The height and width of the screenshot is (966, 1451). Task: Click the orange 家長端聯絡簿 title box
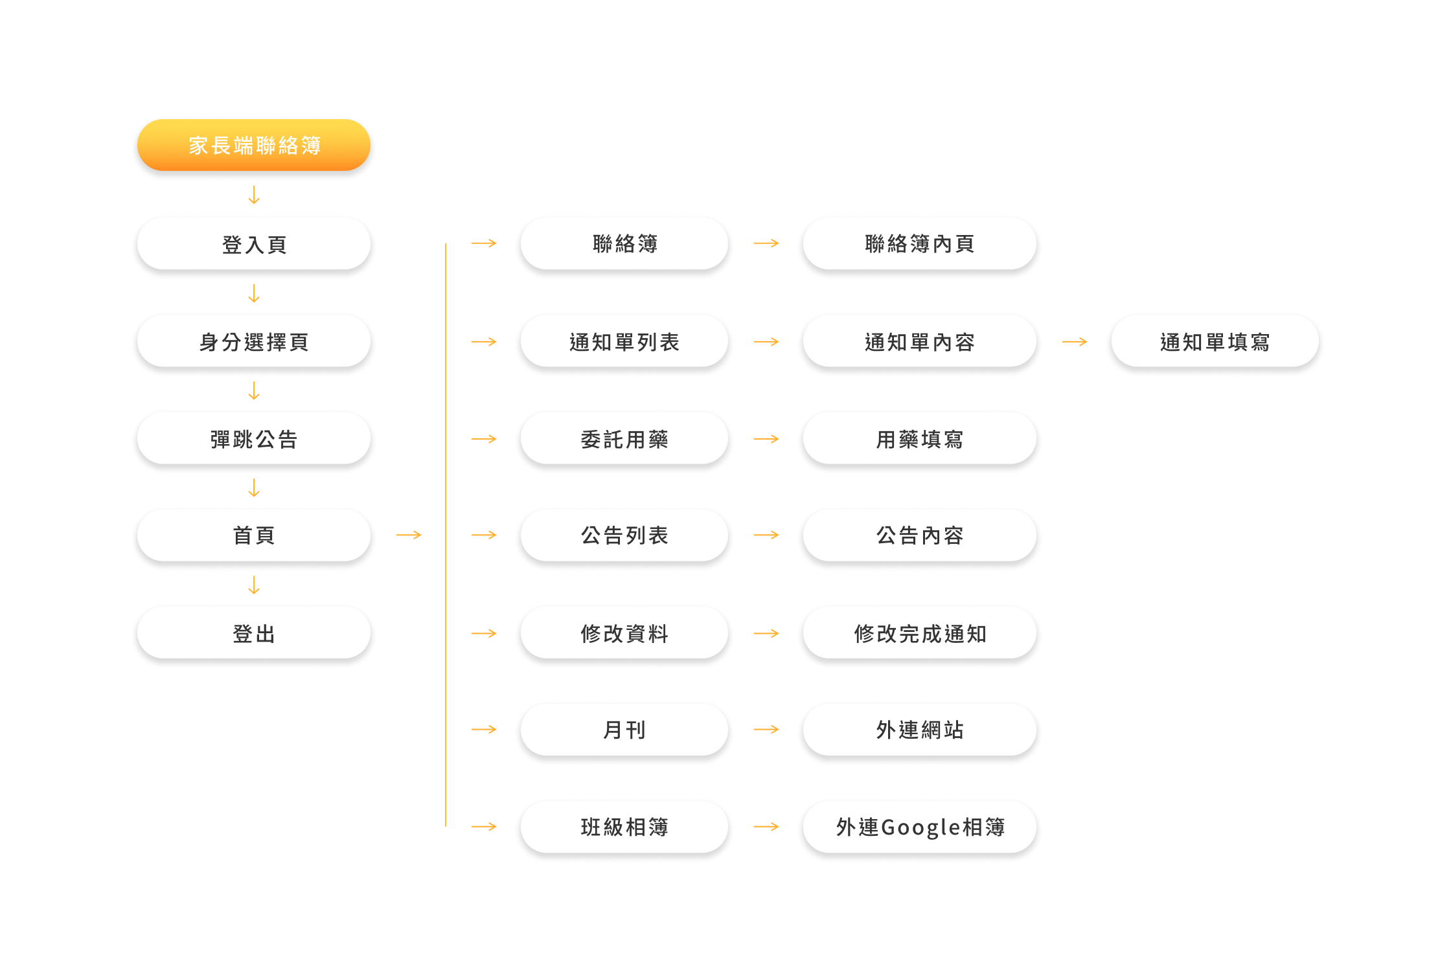tap(254, 145)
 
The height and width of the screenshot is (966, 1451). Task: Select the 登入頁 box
tap(254, 244)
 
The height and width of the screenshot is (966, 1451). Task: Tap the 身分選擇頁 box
tap(254, 341)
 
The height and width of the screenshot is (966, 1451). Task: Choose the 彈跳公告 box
tap(254, 439)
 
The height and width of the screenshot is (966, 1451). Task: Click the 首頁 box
tap(254, 535)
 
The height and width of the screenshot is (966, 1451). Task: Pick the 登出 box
tap(254, 633)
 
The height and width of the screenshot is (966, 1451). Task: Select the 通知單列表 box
tap(624, 341)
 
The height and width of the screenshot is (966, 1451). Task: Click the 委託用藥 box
tap(624, 439)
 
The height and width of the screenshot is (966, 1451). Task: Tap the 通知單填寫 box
tap(1215, 341)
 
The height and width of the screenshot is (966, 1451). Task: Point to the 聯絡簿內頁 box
tap(919, 243)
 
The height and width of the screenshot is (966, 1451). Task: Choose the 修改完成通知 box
tap(919, 633)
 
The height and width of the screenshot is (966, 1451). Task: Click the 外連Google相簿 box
tap(919, 827)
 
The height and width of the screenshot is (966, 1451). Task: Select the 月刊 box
tap(624, 730)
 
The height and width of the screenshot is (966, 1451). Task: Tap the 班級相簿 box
tap(624, 827)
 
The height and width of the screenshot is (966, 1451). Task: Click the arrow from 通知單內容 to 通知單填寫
tap(1075, 341)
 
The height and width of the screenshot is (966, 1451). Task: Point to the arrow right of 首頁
tap(409, 535)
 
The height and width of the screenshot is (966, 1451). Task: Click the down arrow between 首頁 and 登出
tap(254, 585)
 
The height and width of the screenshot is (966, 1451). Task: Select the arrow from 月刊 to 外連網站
tap(766, 730)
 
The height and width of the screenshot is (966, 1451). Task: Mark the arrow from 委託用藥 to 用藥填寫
tap(766, 439)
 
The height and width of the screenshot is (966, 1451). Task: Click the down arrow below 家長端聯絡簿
tap(254, 195)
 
